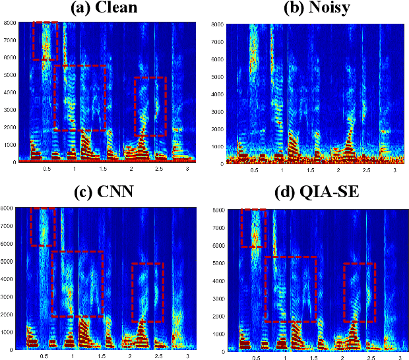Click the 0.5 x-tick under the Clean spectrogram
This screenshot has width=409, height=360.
point(46,169)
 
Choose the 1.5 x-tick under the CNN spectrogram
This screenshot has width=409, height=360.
point(102,355)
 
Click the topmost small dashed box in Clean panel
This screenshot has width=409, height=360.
point(46,41)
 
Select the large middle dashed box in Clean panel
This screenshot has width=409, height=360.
point(80,98)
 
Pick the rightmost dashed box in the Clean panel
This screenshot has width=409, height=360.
point(150,106)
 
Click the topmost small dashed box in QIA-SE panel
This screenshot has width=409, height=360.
point(253,228)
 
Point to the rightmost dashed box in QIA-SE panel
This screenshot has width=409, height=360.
point(359,292)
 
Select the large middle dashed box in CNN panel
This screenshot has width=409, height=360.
point(77,284)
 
